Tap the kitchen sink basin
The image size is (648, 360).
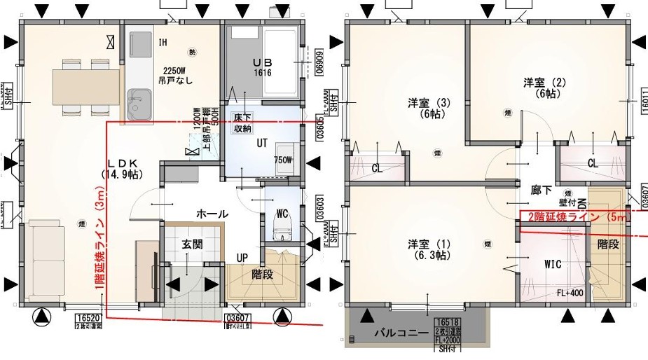coord(139,102)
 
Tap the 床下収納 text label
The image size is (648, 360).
coord(243,123)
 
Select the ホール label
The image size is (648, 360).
coord(212,214)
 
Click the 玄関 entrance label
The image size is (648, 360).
coord(193,244)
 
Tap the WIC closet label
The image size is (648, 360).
coord(553,265)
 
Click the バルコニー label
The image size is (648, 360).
coord(400,333)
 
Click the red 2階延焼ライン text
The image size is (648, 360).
coord(578,216)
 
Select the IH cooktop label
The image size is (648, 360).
coord(163,43)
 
